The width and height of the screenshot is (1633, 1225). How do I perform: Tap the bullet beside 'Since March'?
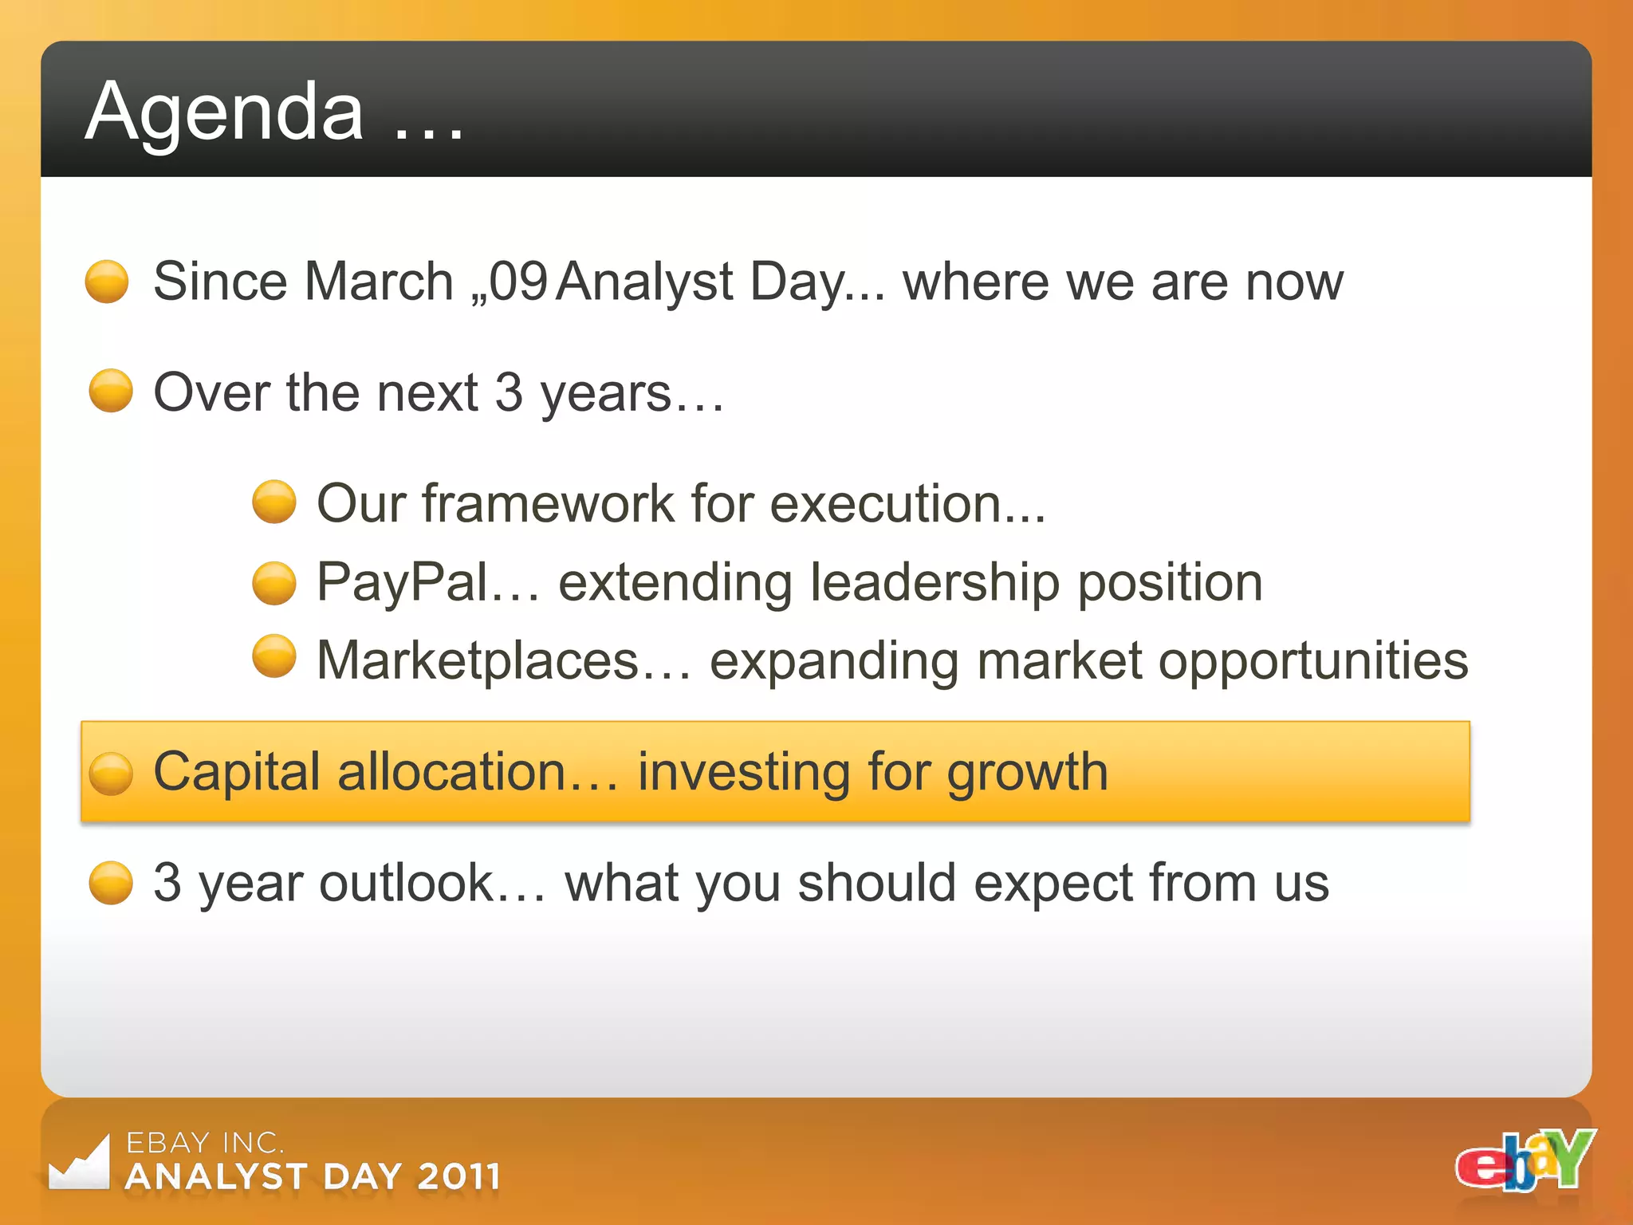[107, 282]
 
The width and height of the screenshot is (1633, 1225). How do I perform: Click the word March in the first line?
[379, 282]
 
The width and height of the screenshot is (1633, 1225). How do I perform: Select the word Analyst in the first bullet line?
[644, 283]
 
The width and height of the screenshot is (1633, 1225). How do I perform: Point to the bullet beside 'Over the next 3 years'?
[110, 391]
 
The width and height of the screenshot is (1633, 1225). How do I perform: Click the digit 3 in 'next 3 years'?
[509, 392]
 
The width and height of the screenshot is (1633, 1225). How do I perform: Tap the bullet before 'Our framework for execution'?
[273, 502]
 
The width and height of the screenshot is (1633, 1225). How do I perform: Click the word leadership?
[935, 582]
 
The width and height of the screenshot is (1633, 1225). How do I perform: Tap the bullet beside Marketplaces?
[273, 656]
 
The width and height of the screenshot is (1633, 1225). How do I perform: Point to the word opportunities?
[1312, 660]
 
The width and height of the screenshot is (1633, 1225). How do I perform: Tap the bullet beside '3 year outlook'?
[110, 882]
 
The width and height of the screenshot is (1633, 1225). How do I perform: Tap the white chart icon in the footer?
[79, 1163]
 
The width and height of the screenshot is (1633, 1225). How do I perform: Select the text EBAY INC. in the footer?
[205, 1143]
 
